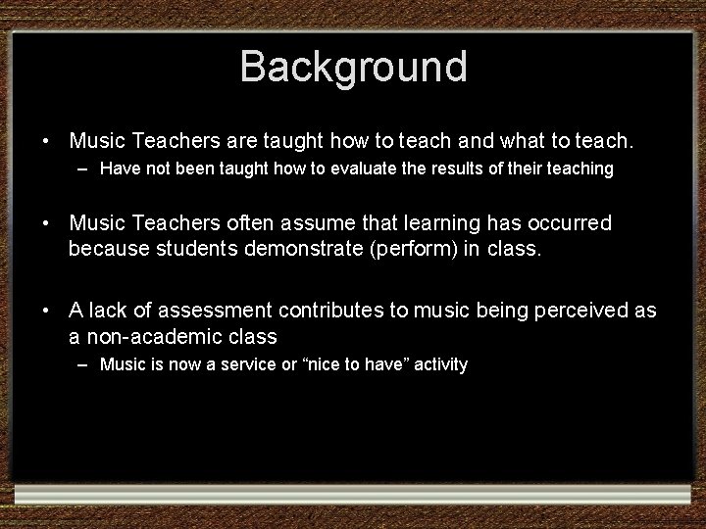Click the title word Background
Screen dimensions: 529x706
353,67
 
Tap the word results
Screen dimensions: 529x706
457,169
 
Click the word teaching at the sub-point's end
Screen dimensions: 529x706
580,169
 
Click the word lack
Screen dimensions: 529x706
107,312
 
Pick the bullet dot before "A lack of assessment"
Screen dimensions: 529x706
46,312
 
